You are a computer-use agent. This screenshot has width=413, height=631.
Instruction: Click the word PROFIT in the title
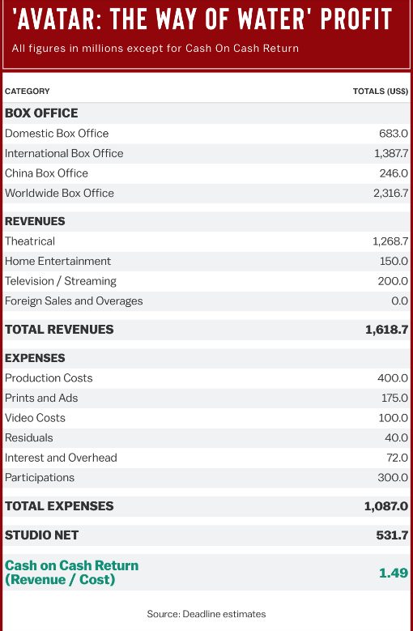tap(356, 19)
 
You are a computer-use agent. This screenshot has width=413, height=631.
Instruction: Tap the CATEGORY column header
tap(28, 92)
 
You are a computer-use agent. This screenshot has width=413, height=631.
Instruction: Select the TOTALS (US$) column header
tap(381, 92)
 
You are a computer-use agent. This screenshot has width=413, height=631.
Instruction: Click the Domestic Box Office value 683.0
tap(394, 133)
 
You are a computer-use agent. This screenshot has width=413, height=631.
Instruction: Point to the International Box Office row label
tap(64, 153)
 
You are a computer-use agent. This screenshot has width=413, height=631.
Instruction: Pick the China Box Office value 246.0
tap(394, 173)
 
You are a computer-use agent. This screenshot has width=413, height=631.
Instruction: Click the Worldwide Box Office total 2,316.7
tap(391, 193)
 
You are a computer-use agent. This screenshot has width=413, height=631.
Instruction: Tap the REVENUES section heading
tap(35, 221)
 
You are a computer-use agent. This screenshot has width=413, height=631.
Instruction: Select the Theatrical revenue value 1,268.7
tap(390, 241)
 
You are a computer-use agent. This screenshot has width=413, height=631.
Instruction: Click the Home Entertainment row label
tap(58, 261)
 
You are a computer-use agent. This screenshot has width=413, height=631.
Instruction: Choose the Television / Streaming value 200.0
tap(393, 281)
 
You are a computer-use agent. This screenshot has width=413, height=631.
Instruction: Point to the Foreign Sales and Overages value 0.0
tap(400, 301)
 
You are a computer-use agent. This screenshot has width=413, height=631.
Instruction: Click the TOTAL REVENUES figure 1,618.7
tap(387, 330)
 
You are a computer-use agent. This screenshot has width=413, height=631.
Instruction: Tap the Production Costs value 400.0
tap(393, 378)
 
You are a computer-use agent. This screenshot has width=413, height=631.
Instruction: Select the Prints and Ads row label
tap(41, 398)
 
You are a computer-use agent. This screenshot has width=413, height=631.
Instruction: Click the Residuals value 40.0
tap(397, 437)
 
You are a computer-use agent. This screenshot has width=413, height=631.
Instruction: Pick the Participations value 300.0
tap(393, 477)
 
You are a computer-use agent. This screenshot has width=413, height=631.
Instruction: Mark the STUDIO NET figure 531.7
tap(392, 535)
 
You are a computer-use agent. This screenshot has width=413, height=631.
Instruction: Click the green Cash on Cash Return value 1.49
tap(394, 573)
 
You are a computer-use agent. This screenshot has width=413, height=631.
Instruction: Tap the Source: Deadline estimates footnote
tap(206, 614)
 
